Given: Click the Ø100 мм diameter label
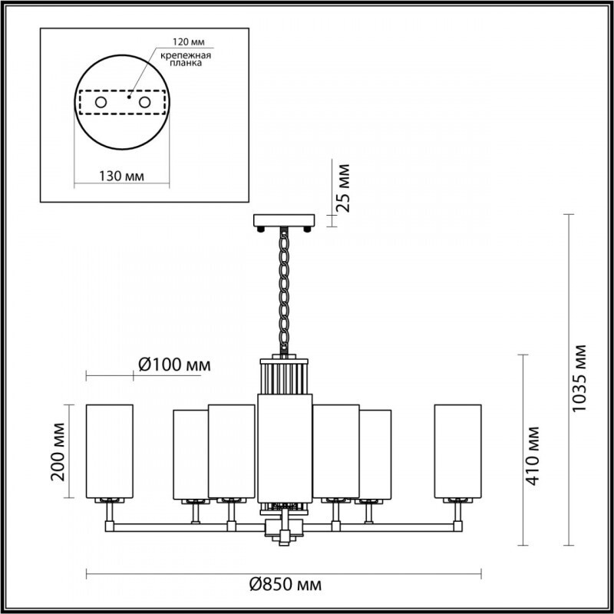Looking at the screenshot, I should (x=173, y=365).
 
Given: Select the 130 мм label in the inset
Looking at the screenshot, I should (x=122, y=177).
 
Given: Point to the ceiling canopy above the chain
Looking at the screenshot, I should (x=285, y=222).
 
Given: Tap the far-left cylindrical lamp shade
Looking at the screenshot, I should (x=109, y=450).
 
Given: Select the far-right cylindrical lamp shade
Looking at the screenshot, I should (x=458, y=450).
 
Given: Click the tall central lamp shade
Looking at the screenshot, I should (x=285, y=445).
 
